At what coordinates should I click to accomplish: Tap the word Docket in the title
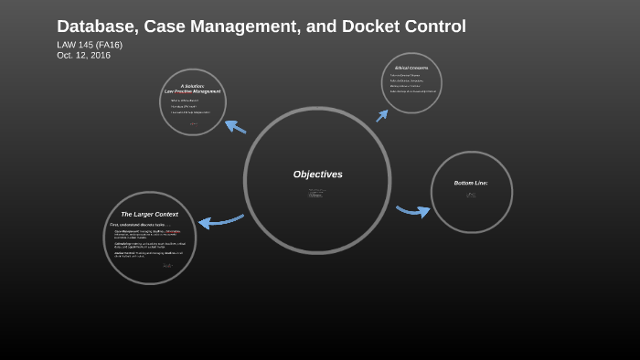367,26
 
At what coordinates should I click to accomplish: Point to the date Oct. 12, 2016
83,55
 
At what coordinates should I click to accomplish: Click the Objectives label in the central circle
317,175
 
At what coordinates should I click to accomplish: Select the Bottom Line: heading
471,183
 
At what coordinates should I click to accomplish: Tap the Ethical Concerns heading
411,68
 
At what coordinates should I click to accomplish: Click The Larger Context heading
149,214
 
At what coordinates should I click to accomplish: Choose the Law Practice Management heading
192,91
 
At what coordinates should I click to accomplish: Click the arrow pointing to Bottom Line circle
412,211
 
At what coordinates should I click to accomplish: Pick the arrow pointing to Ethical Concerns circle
381,115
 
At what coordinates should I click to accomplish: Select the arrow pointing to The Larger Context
220,221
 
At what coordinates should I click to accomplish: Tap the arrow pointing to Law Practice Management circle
235,126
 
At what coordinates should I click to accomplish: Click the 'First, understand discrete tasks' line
137,224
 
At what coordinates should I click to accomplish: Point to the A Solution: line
192,86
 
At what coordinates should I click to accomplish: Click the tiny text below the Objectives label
316,193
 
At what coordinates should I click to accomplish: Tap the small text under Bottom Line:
471,195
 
